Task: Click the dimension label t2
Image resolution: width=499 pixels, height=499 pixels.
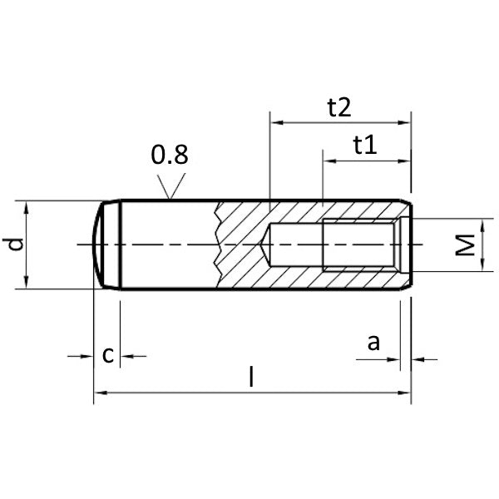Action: tap(339, 107)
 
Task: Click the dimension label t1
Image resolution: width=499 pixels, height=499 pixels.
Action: tap(365, 145)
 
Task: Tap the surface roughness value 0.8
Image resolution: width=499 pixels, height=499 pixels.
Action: tap(170, 155)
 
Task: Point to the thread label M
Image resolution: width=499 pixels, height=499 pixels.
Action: tap(465, 245)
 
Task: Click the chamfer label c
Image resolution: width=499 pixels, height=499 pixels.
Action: tap(108, 355)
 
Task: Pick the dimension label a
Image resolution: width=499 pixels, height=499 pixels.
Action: tap(373, 343)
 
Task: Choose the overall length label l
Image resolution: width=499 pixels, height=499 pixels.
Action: tap(251, 377)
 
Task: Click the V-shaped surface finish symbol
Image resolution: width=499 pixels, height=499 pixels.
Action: tap(171, 186)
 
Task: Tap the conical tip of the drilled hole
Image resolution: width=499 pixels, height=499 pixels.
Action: tap(265, 245)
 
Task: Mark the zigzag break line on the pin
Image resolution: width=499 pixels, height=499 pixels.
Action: tap(217, 245)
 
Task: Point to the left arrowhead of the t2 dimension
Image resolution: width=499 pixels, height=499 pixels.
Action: tap(277, 122)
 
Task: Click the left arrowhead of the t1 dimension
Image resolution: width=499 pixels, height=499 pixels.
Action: tap(329, 161)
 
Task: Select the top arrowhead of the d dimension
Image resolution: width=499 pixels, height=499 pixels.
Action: tap(26, 207)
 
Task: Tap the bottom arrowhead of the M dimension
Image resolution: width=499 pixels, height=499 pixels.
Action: tap(482, 264)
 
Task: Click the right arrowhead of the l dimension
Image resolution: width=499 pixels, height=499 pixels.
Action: tap(404, 393)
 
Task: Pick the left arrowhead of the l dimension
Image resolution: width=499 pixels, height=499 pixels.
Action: tap(101, 393)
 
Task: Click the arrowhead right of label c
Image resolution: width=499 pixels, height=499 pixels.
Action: tap(126, 357)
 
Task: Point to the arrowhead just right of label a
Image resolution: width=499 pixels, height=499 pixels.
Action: tap(417, 360)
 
